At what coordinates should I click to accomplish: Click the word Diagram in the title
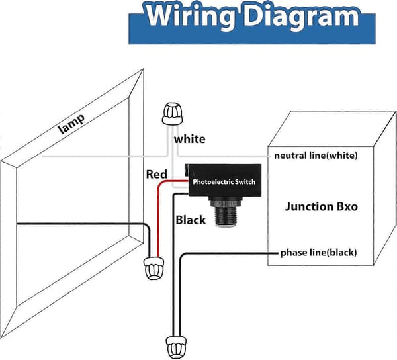pos(301,16)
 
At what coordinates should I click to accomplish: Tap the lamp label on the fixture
pos(71,124)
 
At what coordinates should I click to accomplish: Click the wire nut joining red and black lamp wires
pos(154,268)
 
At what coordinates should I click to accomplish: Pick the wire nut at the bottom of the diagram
pos(176,347)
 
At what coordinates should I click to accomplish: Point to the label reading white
pos(190,139)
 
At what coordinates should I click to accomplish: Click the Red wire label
pos(157,175)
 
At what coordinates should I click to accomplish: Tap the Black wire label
pos(191,220)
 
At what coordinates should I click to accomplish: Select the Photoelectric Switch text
pos(224,182)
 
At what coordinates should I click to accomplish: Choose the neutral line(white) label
pos(316,156)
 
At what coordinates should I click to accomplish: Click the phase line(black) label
pos(318,253)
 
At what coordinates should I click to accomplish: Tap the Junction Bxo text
pos(322,206)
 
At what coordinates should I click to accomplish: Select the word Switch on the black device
pos(245,182)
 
